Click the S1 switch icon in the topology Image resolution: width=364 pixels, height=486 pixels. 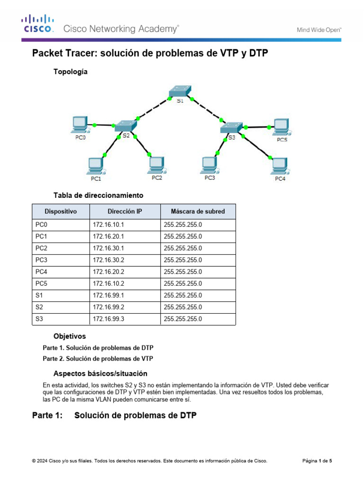pyautogui.click(x=180, y=91)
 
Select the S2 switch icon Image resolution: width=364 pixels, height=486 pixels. pyautogui.click(x=125, y=126)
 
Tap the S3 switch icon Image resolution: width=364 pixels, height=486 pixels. pyautogui.click(x=231, y=128)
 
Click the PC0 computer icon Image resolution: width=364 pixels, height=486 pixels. pyautogui.click(x=80, y=125)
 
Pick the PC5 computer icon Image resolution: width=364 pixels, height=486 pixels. pyautogui.click(x=282, y=127)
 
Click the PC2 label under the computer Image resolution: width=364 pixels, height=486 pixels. pyautogui.click(x=157, y=178)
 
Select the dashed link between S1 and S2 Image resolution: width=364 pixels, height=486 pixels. pyautogui.click(x=154, y=109)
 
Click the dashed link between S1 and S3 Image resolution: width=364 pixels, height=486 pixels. pyautogui.click(x=207, y=110)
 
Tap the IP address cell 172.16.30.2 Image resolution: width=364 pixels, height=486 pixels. pyautogui.click(x=109, y=260)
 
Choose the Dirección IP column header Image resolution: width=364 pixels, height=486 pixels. pyautogui.click(x=125, y=211)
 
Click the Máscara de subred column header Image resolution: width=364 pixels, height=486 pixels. pyautogui.click(x=198, y=211)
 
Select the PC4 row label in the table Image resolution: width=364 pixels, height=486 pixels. pyautogui.click(x=41, y=272)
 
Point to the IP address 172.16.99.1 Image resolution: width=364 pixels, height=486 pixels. pyautogui.click(x=109, y=295)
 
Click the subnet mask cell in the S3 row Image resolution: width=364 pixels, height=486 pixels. pyautogui.click(x=183, y=319)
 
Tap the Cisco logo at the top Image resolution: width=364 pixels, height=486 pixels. pyautogui.click(x=38, y=24)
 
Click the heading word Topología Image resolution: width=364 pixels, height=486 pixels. pyautogui.click(x=71, y=72)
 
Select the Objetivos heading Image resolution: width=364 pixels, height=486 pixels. pyautogui.click(x=70, y=336)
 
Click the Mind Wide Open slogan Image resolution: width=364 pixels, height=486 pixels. pyautogui.click(x=319, y=30)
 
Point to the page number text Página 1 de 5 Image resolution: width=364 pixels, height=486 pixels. pyautogui.click(x=317, y=461)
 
